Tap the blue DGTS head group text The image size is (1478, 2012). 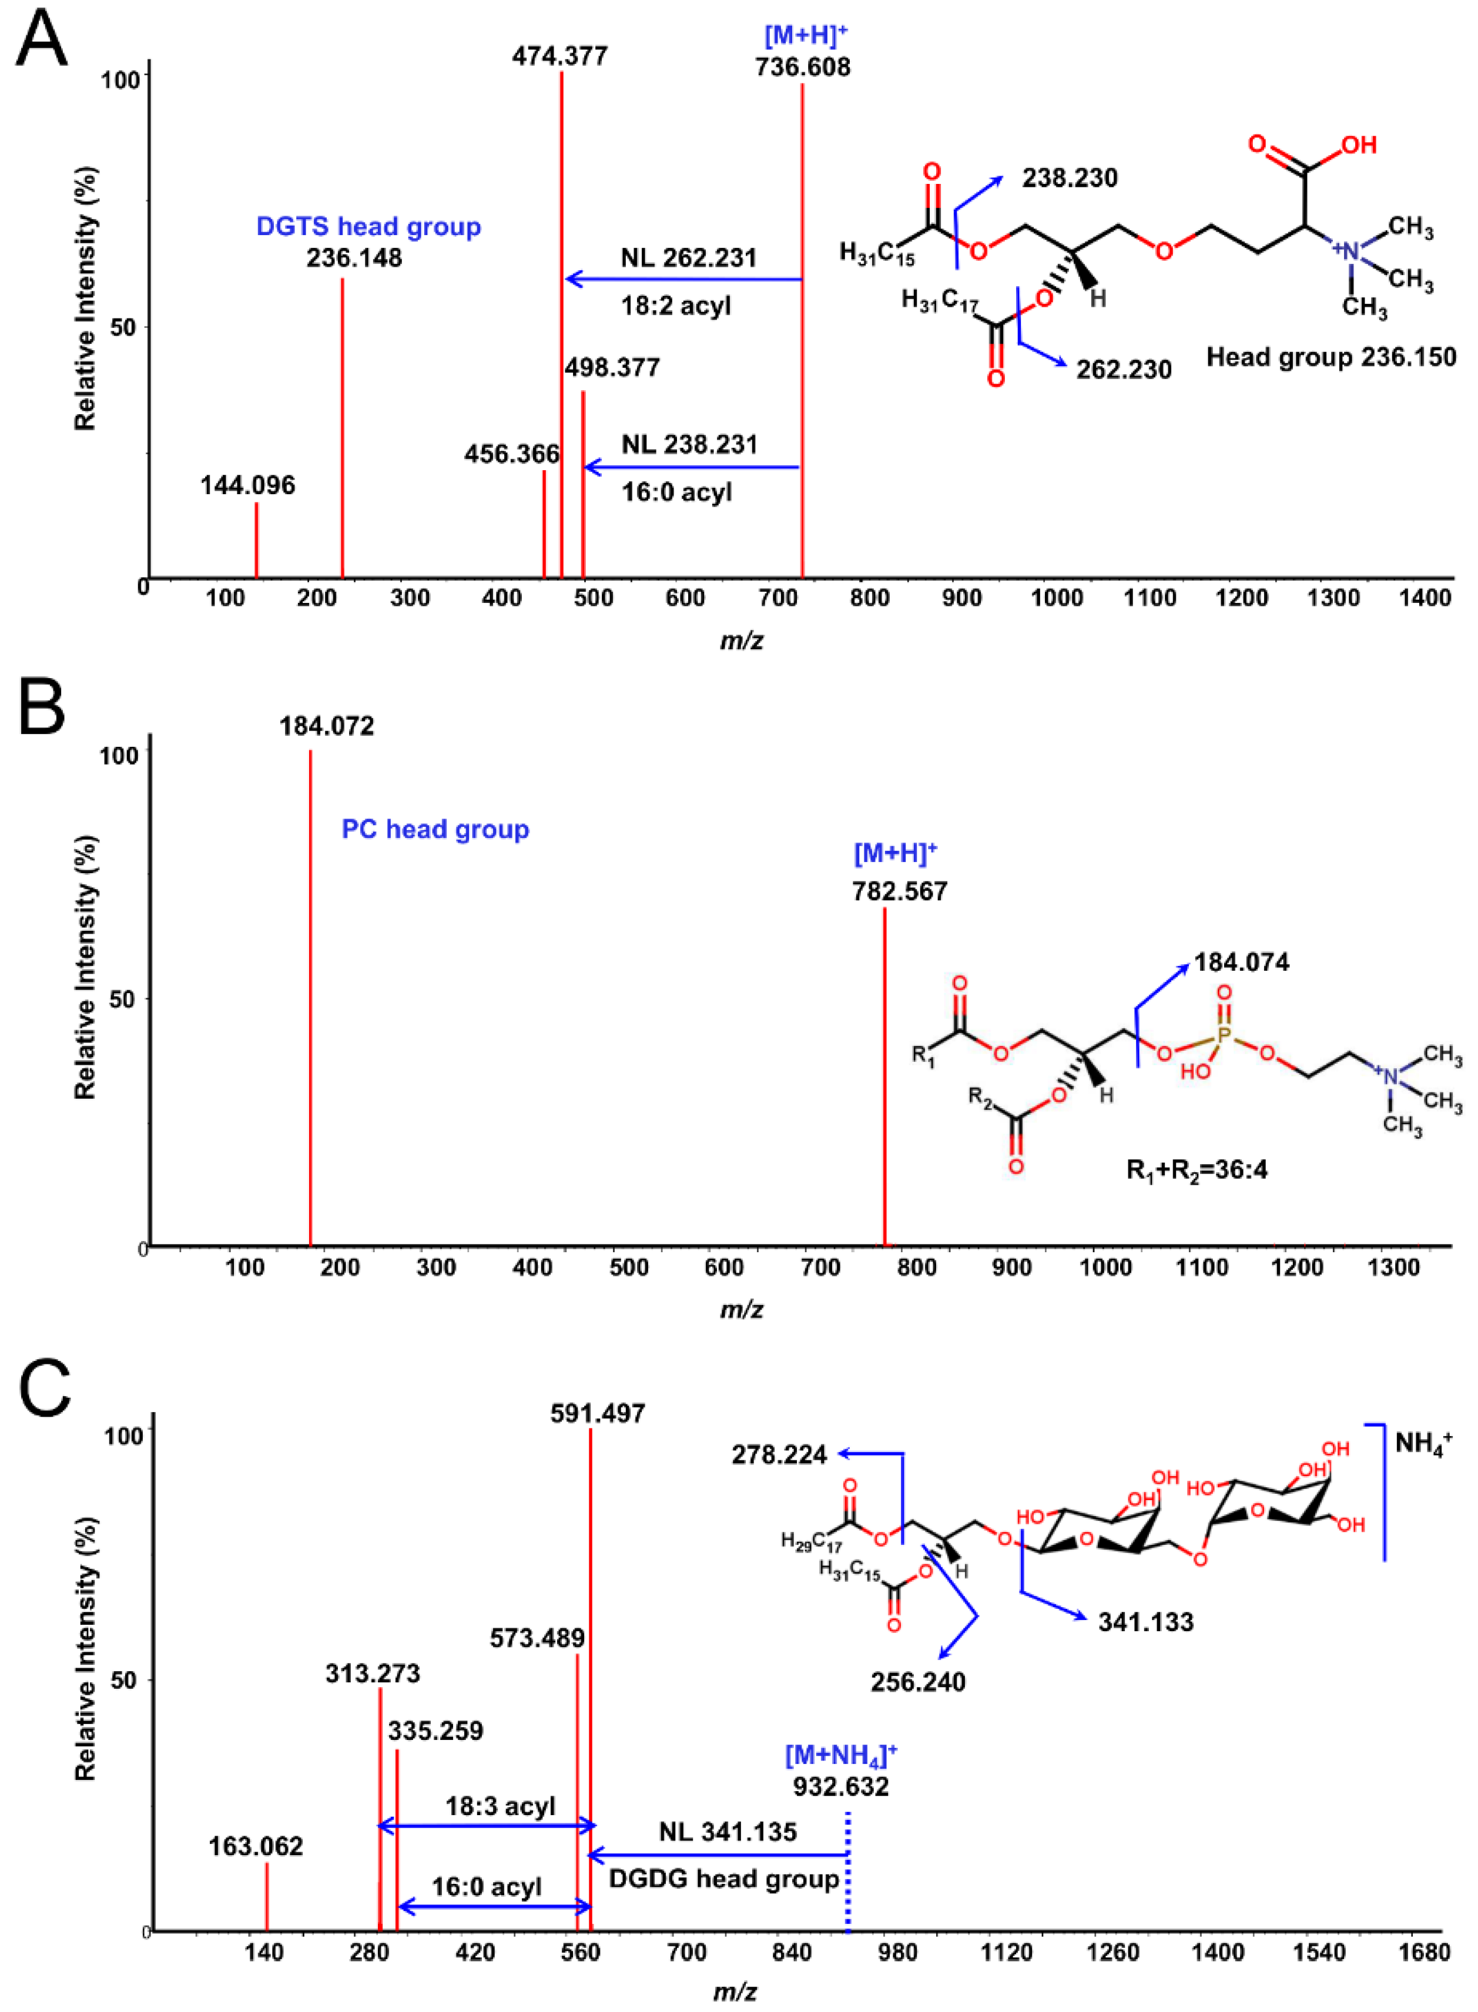click(368, 226)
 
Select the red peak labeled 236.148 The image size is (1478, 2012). click(343, 430)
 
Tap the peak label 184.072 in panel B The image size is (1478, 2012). click(327, 726)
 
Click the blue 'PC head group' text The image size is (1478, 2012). click(435, 829)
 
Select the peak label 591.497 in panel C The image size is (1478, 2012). click(598, 1413)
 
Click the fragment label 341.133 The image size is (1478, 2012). click(1145, 1622)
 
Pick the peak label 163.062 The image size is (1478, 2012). click(256, 1846)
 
